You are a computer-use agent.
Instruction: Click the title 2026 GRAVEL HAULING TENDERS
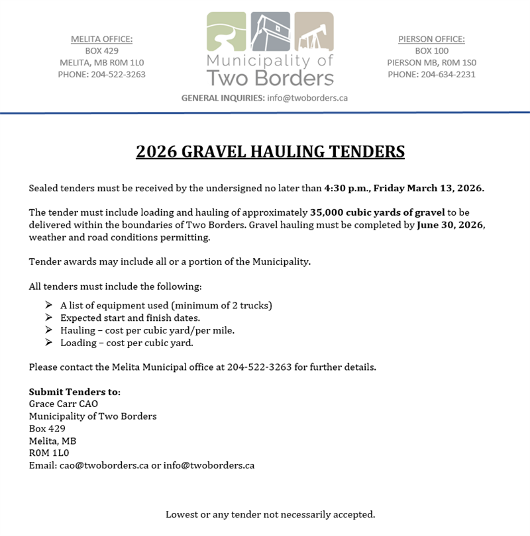click(x=270, y=152)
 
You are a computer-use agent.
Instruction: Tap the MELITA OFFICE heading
click(x=101, y=39)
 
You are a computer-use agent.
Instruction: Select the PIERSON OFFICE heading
click(x=431, y=39)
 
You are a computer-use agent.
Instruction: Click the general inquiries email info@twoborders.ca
click(x=307, y=97)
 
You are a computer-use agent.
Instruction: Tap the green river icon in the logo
click(x=227, y=32)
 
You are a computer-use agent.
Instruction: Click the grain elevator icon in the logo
click(x=270, y=32)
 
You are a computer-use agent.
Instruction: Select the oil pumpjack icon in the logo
click(x=313, y=32)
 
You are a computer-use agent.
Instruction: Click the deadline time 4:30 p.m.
click(x=346, y=189)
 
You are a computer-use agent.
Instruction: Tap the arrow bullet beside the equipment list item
click(x=48, y=305)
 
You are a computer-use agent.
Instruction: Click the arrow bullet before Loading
click(x=48, y=343)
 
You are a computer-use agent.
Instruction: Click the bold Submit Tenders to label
click(x=75, y=392)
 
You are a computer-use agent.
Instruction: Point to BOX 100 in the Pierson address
click(x=431, y=51)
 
